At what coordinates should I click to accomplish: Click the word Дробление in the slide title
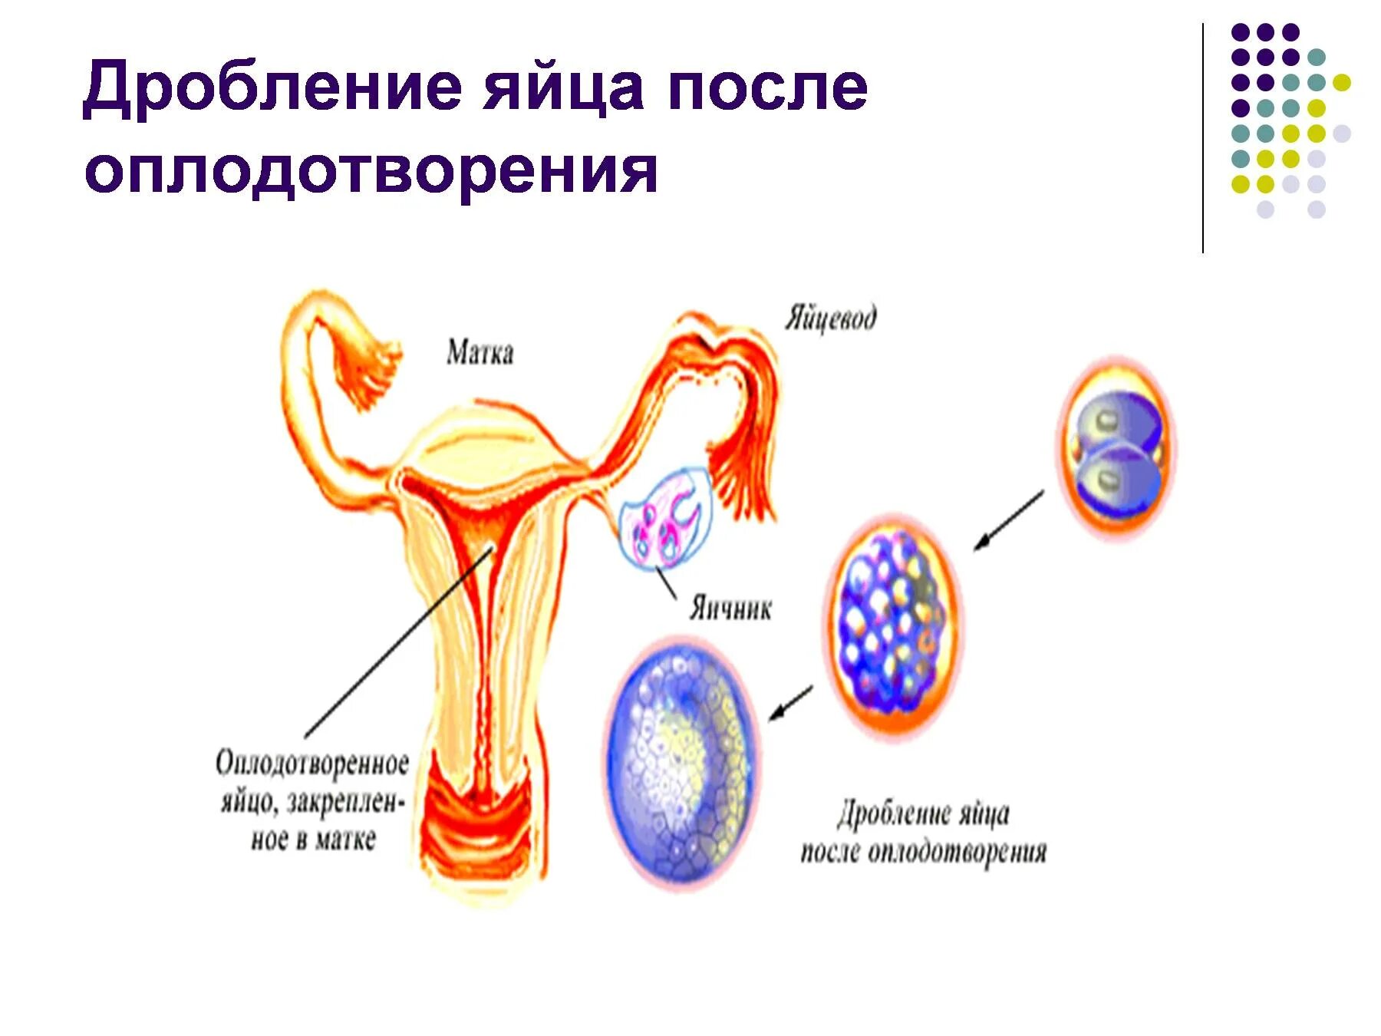pyautogui.click(x=272, y=88)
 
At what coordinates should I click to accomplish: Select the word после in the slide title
pyautogui.click(x=766, y=88)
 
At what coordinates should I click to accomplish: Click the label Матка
pyautogui.click(x=480, y=353)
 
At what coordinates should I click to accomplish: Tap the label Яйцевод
pyautogui.click(x=830, y=318)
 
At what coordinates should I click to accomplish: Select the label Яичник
pyautogui.click(x=730, y=609)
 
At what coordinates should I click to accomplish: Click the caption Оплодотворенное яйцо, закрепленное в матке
pyautogui.click(x=312, y=800)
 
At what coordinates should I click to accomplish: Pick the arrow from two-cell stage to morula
pyautogui.click(x=1009, y=520)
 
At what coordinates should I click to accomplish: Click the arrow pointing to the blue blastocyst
pyautogui.click(x=790, y=703)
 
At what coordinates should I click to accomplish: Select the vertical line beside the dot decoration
pyautogui.click(x=1202, y=138)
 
